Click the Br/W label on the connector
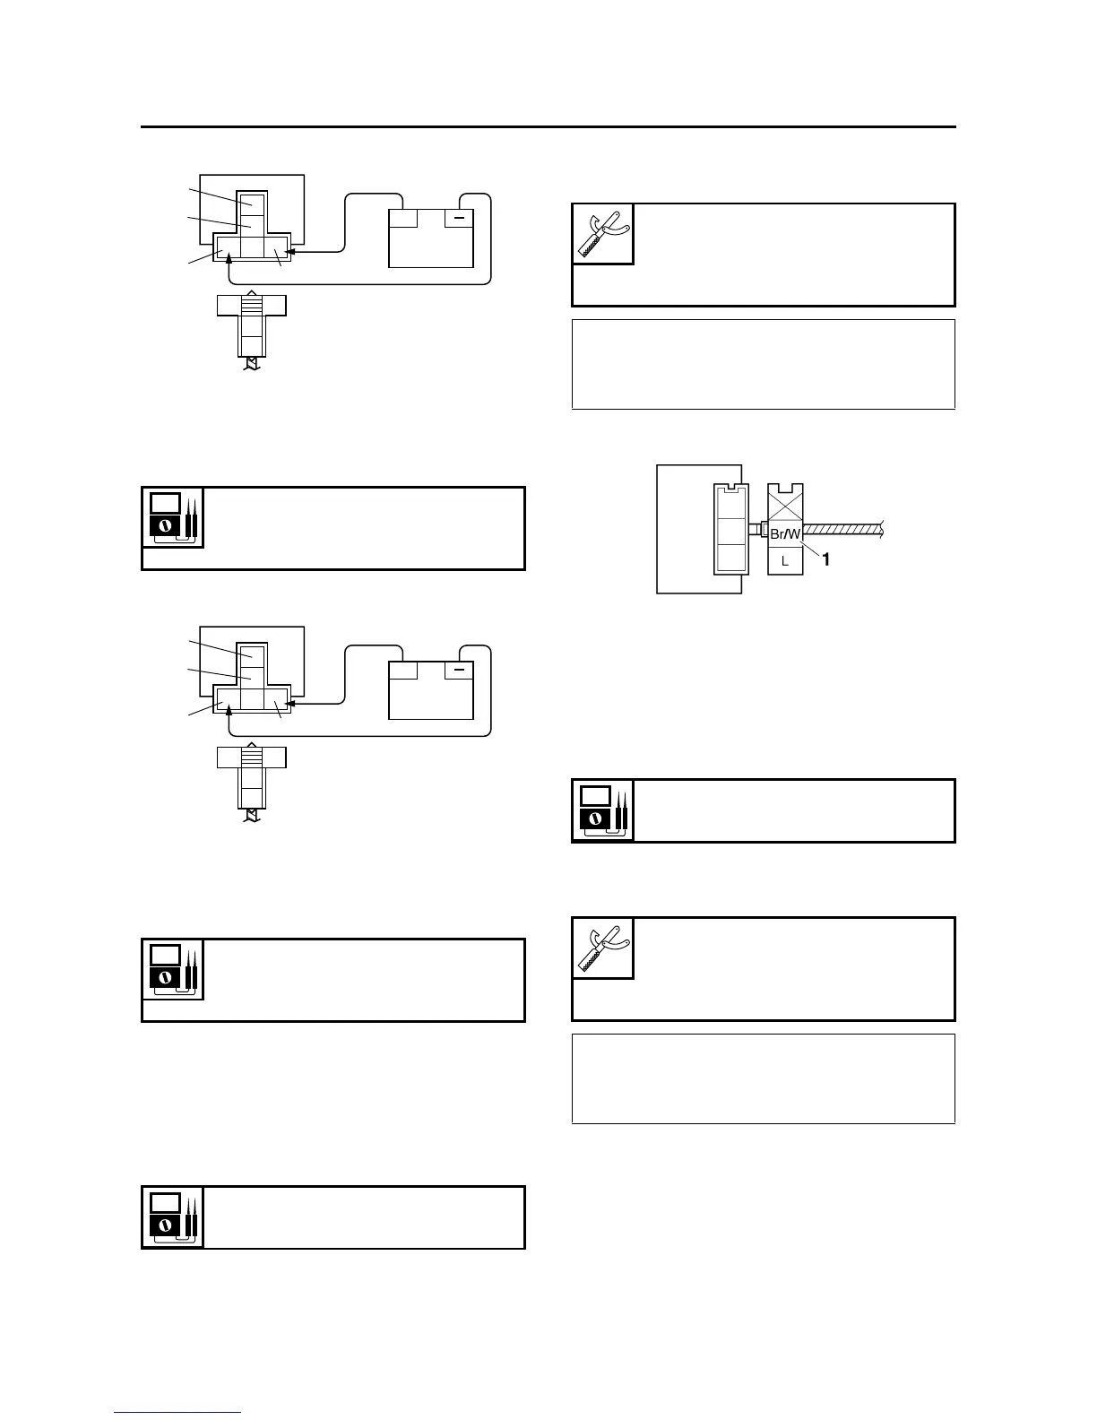[785, 534]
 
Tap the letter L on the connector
[785, 561]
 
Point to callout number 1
[826, 559]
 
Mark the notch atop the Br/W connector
[786, 489]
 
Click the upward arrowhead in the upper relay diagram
[231, 256]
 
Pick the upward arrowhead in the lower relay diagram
[231, 708]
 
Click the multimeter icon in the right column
[603, 810]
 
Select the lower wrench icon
[603, 948]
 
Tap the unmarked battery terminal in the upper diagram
[403, 218]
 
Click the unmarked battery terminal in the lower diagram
[403, 670]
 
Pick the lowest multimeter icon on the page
[173, 1217]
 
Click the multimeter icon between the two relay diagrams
[173, 517]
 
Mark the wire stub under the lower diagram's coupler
[252, 815]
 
